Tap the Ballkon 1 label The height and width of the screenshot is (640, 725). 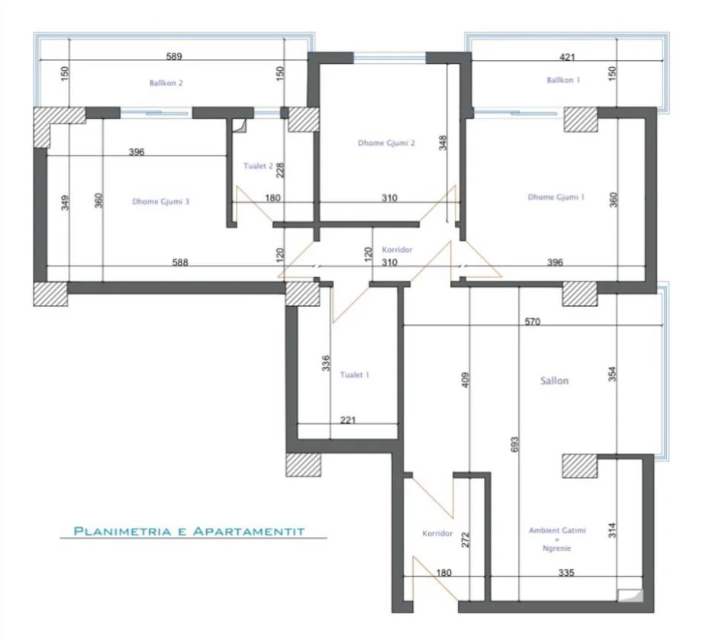click(x=562, y=80)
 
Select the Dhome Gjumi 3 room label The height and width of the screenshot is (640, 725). click(x=160, y=202)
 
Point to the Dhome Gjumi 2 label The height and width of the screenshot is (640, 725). click(x=386, y=143)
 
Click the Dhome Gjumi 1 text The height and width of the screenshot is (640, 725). click(x=556, y=198)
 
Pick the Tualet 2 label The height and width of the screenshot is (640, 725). click(x=258, y=166)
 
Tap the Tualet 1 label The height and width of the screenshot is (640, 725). click(x=356, y=375)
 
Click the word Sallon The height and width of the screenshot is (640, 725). click(x=555, y=381)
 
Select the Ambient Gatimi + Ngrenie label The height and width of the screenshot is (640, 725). click(x=550, y=539)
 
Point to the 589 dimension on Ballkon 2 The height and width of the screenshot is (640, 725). click(x=176, y=56)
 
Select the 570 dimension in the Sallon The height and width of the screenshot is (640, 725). click(x=532, y=322)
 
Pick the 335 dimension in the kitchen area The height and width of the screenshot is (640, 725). click(x=565, y=572)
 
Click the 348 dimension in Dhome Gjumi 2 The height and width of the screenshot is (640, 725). click(x=443, y=143)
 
